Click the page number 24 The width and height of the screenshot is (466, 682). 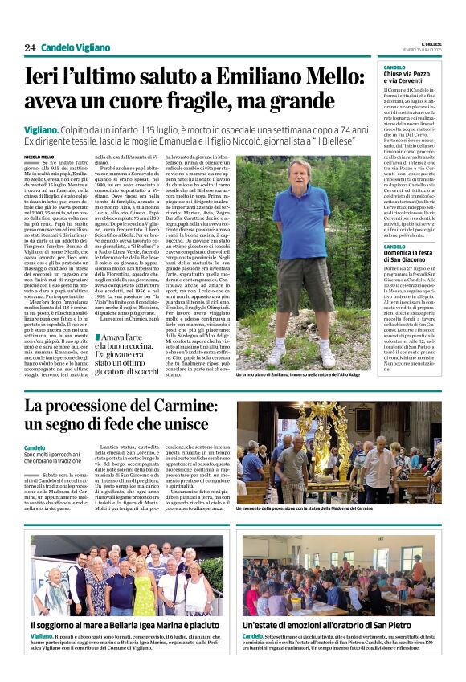(x=30, y=47)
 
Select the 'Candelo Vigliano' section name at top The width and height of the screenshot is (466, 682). (x=76, y=47)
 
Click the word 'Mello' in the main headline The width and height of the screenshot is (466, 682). (x=330, y=76)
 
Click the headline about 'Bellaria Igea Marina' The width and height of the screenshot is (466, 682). (x=125, y=624)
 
